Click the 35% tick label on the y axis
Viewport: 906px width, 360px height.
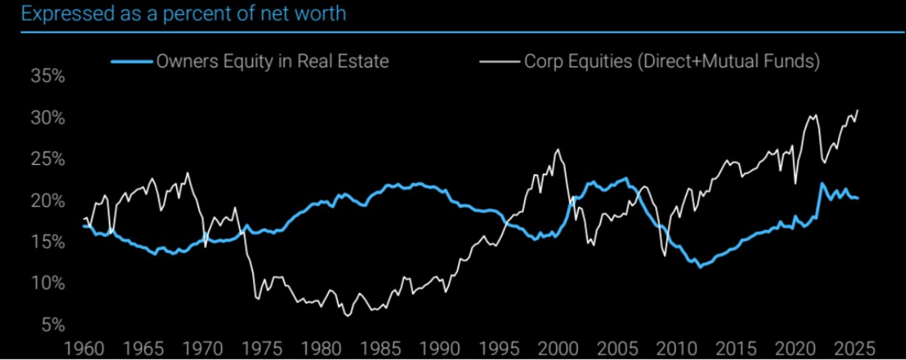(48, 76)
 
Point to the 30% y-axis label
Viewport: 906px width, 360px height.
(48, 118)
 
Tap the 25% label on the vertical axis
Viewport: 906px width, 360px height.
(48, 159)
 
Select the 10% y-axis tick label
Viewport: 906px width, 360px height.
(48, 283)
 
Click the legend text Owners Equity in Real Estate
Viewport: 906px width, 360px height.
(272, 61)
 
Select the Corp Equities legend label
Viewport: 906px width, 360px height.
(671, 61)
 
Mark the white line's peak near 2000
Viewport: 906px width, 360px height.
(558, 149)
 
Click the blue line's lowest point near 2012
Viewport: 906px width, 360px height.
(700, 267)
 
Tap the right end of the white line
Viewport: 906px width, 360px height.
(858, 110)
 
